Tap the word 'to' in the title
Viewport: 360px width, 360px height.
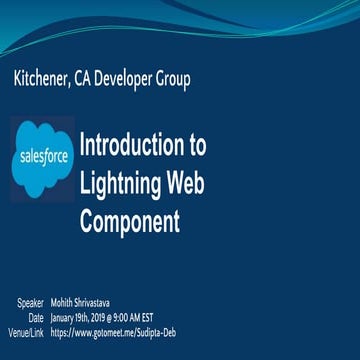tap(197, 144)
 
